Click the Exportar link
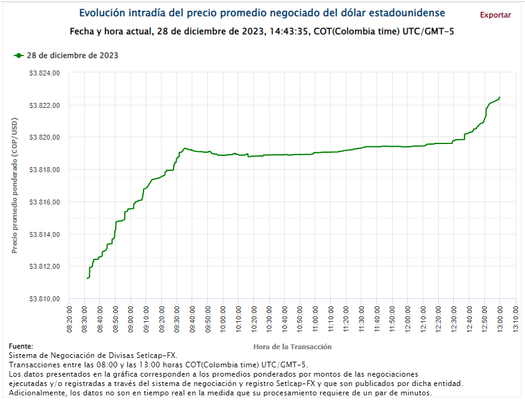point(495,15)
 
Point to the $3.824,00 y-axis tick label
point(44,73)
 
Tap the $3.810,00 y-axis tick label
point(44,299)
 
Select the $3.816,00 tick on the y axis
point(44,202)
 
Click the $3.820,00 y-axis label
point(44,137)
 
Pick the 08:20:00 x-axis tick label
point(69,319)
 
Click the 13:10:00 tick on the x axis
point(516,319)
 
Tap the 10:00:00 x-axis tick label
point(223,319)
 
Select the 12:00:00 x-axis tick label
point(408,319)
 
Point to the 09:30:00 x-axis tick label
point(177,319)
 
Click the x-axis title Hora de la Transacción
point(292,346)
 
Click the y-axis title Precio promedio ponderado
point(15,186)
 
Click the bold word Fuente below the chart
point(21,346)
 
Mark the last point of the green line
point(500,97)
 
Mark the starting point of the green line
point(87,278)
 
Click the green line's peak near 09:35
point(184,148)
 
